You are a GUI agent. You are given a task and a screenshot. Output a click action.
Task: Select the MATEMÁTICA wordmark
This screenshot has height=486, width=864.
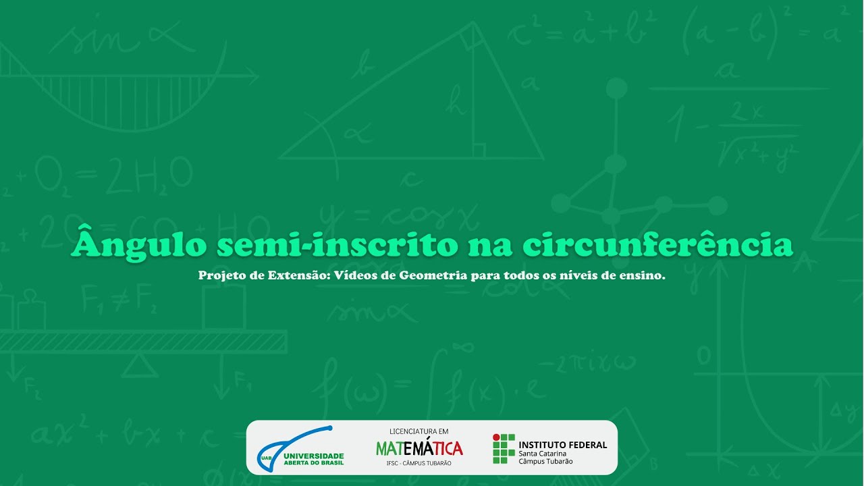[x=419, y=448]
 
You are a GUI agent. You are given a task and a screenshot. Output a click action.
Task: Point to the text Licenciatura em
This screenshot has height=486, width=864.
[x=419, y=431]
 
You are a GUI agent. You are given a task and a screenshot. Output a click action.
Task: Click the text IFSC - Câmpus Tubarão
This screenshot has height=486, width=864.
[x=419, y=463]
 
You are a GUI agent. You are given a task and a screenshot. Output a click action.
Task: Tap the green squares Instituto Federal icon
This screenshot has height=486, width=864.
[x=504, y=448]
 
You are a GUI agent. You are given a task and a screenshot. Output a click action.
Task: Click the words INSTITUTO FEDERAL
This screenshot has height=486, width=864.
[x=562, y=444]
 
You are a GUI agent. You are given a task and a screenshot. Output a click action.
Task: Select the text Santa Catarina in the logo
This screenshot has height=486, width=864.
[x=542, y=454]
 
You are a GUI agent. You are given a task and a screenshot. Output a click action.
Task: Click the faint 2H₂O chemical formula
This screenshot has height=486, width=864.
[x=149, y=175]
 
